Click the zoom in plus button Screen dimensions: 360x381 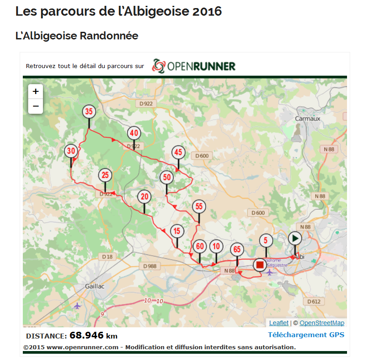pyautogui.click(x=36, y=92)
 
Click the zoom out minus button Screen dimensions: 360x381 pyautogui.click(x=36, y=107)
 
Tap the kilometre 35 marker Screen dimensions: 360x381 pyautogui.click(x=89, y=111)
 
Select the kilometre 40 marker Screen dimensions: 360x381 pyautogui.click(x=134, y=133)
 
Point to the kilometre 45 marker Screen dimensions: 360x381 pyautogui.click(x=178, y=152)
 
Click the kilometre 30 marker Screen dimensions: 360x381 pyautogui.click(x=71, y=151)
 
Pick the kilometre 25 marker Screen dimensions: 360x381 pyautogui.click(x=105, y=175)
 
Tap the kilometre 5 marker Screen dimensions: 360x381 pyautogui.click(x=266, y=240)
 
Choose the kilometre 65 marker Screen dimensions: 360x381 pyautogui.click(x=237, y=249)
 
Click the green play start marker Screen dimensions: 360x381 pyautogui.click(x=295, y=238)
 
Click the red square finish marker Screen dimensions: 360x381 pyautogui.click(x=259, y=265)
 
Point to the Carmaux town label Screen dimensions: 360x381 pyautogui.click(x=308, y=119)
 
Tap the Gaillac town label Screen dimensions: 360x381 pyautogui.click(x=95, y=286)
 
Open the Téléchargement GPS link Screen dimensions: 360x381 pyautogui.click(x=306, y=335)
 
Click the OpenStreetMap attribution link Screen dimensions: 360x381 pyautogui.click(x=322, y=323)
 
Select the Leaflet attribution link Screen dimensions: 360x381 pyautogui.click(x=279, y=323)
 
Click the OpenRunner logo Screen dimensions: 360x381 pyautogui.click(x=194, y=66)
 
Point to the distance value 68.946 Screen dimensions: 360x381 pyautogui.click(x=87, y=335)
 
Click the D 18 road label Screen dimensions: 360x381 pyautogui.click(x=107, y=257)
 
